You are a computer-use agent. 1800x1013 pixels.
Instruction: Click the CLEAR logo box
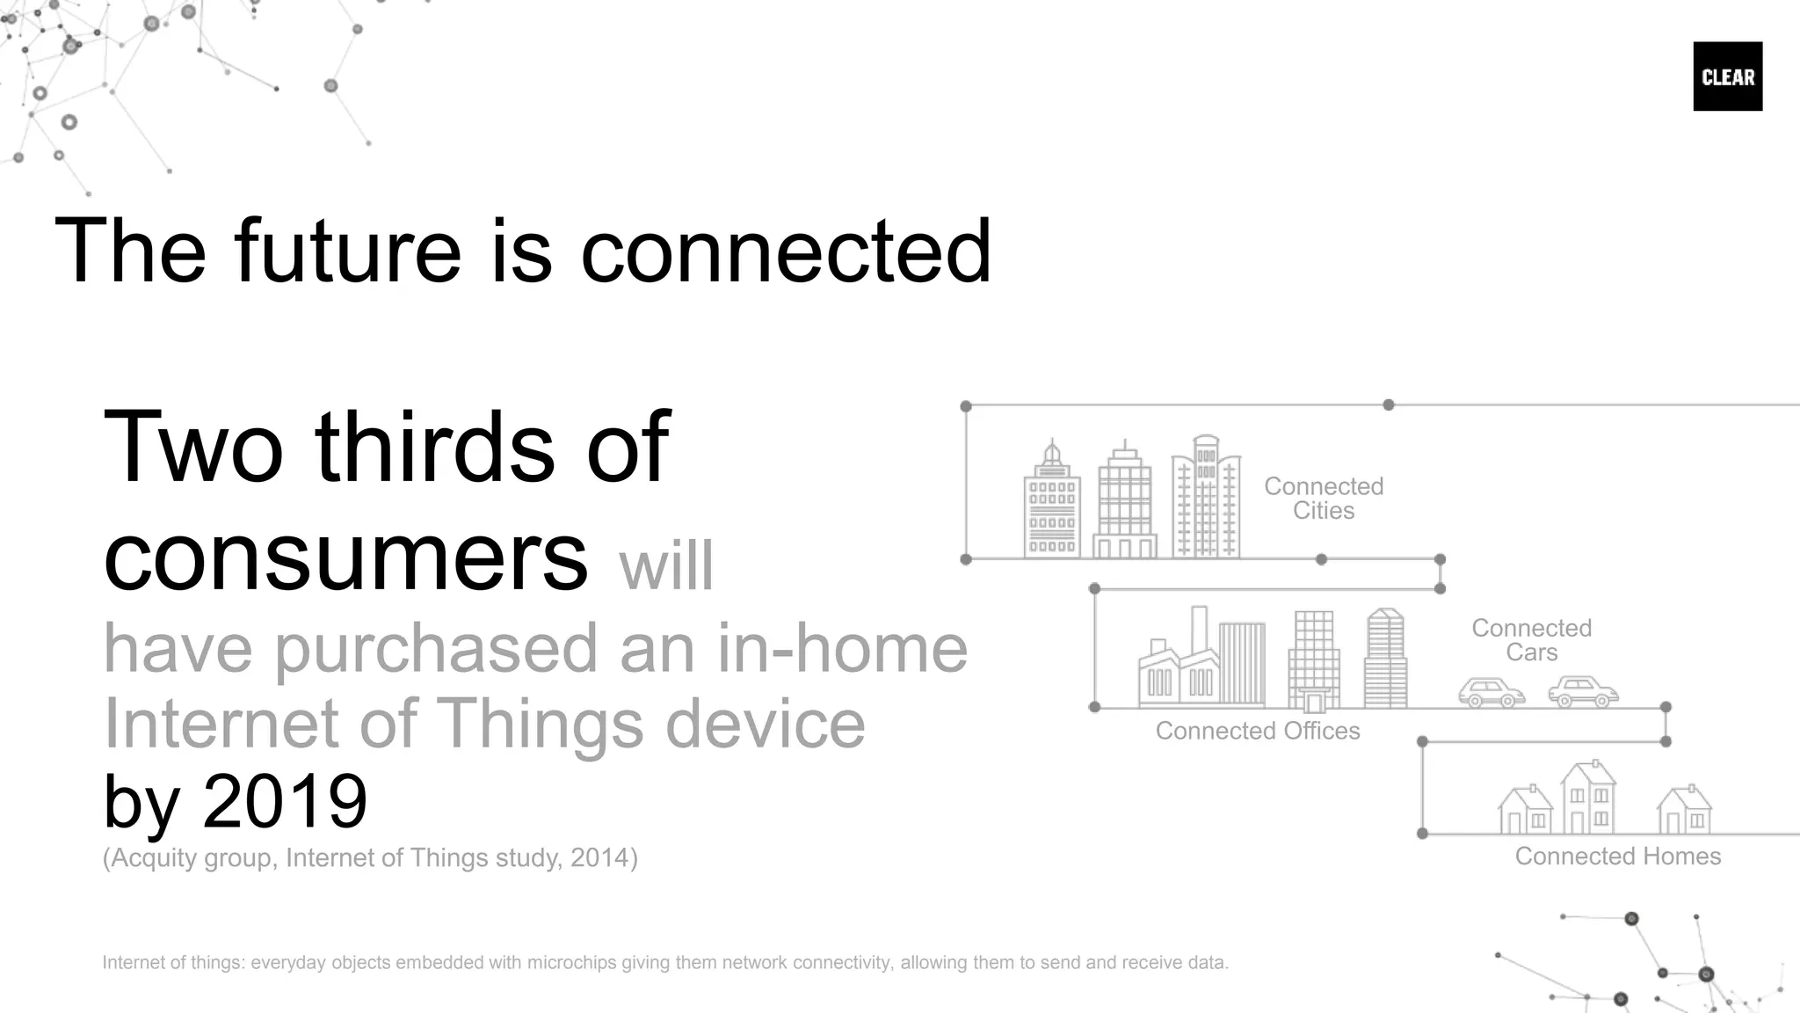pos(1727,77)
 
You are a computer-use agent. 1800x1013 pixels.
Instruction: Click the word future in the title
pos(347,251)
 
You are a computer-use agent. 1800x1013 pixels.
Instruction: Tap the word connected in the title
pos(786,251)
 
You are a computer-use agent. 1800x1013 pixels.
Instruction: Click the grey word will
pos(666,566)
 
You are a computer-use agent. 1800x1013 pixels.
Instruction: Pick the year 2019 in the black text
pos(285,801)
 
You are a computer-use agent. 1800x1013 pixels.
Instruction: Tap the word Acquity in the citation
pos(154,857)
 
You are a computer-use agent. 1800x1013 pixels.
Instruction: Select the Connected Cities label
pos(1323,498)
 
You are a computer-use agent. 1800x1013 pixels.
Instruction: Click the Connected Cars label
pos(1531,640)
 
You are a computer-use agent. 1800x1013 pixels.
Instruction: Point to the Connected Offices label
pos(1257,731)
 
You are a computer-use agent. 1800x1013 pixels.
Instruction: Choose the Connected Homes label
pos(1617,856)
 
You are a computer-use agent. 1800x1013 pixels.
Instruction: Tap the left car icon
pos(1491,693)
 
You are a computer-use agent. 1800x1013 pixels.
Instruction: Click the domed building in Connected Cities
pos(1052,506)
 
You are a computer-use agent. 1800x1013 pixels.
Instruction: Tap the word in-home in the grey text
pos(841,648)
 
